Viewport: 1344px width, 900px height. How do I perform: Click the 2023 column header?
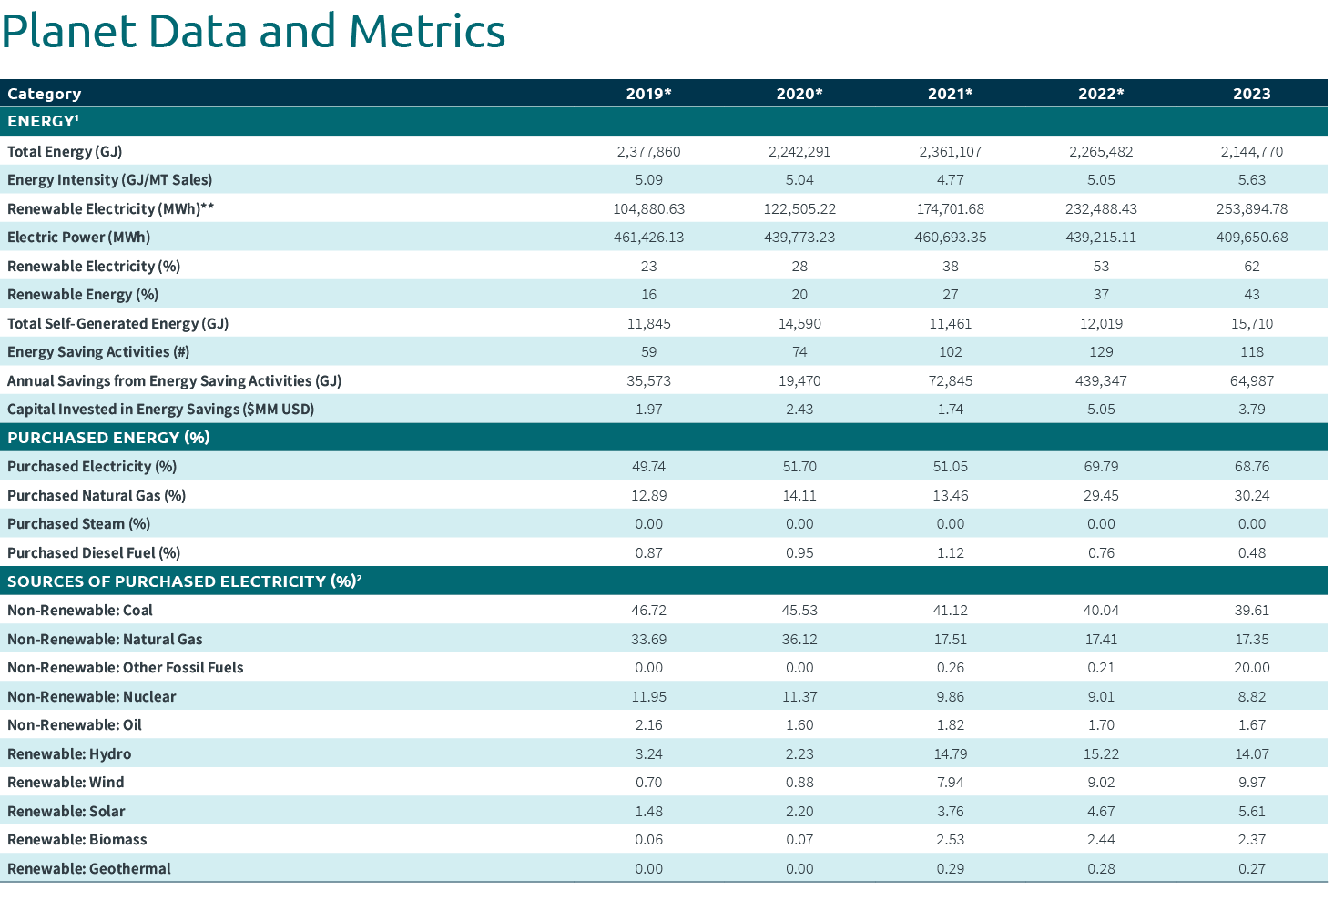1251,94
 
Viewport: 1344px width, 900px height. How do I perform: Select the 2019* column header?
648,94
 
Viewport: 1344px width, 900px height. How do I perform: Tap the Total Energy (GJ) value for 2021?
950,152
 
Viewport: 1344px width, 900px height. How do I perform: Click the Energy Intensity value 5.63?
1251,180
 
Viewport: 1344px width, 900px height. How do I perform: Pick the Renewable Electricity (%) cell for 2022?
1101,267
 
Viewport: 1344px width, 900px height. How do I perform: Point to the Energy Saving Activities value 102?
950,352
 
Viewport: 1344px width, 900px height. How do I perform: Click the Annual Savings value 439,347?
1101,381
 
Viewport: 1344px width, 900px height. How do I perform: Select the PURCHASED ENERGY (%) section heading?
108,438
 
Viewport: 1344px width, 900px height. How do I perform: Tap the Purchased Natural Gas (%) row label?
97,496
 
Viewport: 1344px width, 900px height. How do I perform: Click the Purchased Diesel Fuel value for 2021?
950,553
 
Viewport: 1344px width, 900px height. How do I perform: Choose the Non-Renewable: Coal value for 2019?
648,611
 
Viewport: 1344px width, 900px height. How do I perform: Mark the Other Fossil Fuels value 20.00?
1251,668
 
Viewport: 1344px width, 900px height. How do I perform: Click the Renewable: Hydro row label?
69,754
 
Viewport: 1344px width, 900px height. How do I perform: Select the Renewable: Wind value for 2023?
1251,783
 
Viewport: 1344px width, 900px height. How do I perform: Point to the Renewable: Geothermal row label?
89,869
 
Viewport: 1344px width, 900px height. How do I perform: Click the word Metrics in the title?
426,31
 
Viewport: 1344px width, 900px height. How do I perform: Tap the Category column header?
45,94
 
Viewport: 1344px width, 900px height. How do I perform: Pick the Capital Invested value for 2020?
799,410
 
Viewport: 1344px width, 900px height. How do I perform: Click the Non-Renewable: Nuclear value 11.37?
799,697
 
